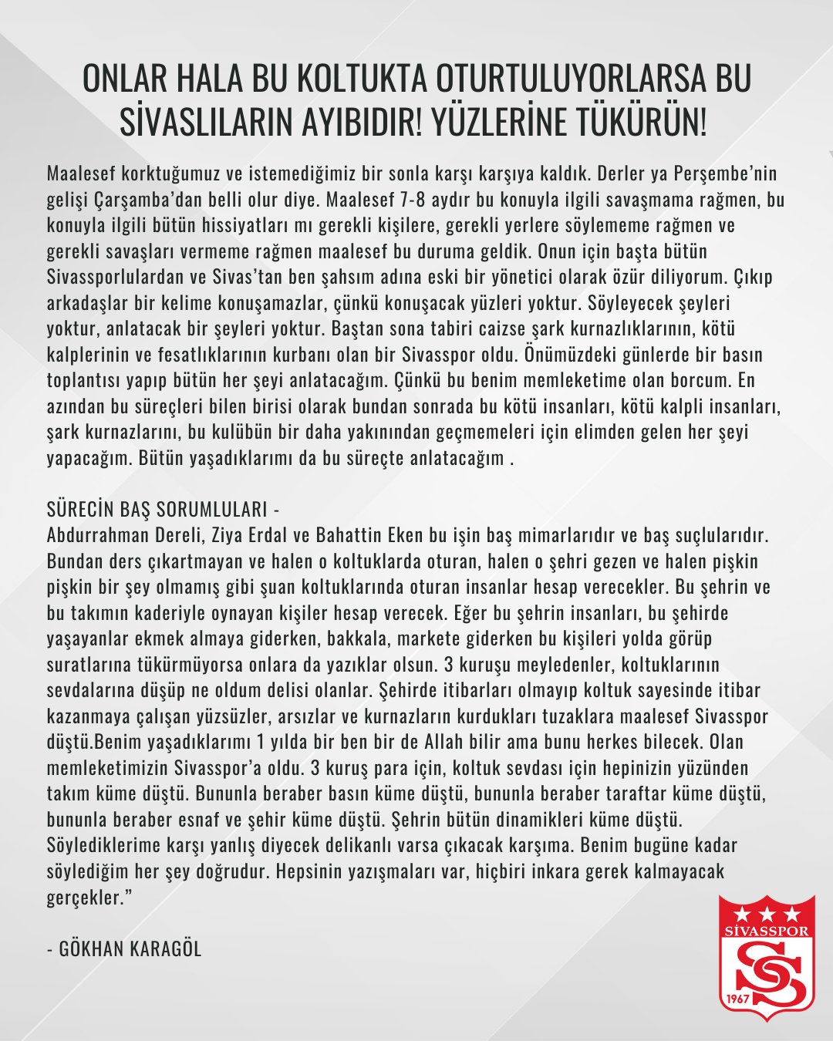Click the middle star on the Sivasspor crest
(x=766, y=915)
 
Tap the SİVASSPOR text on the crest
(x=766, y=931)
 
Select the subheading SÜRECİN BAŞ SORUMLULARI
(x=157, y=510)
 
